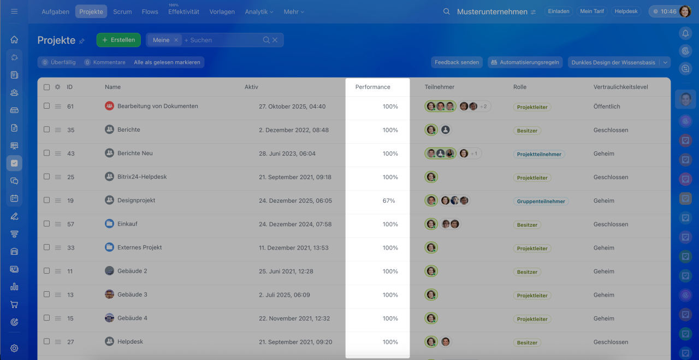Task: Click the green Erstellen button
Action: pyautogui.click(x=119, y=40)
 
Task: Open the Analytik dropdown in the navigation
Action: pyautogui.click(x=259, y=11)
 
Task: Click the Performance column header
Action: pyautogui.click(x=373, y=87)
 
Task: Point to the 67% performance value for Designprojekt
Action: pyautogui.click(x=389, y=200)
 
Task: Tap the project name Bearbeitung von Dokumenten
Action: pyautogui.click(x=157, y=106)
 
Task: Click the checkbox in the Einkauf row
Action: pyautogui.click(x=46, y=224)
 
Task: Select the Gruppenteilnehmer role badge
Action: pyautogui.click(x=541, y=201)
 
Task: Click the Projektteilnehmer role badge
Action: pyautogui.click(x=539, y=154)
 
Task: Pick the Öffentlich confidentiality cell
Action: pyautogui.click(x=607, y=107)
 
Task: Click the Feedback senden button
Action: pyautogui.click(x=457, y=62)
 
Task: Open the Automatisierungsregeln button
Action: pyautogui.click(x=525, y=62)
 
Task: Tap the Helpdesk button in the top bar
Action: pyautogui.click(x=625, y=11)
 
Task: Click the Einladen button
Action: pyautogui.click(x=558, y=11)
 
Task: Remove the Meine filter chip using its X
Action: pyautogui.click(x=176, y=40)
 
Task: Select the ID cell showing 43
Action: pyautogui.click(x=71, y=154)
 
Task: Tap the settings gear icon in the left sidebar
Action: pyautogui.click(x=14, y=348)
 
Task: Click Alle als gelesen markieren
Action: pyautogui.click(x=167, y=62)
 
